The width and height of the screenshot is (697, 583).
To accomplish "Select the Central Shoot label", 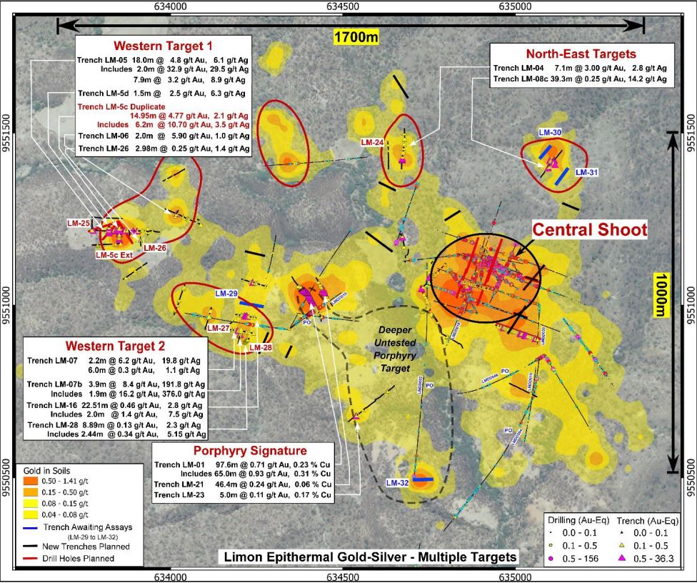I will pyautogui.click(x=590, y=230).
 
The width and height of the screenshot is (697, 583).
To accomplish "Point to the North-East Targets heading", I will pyautogui.click(x=581, y=54).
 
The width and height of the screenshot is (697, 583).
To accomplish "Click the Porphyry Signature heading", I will pyautogui.click(x=250, y=451).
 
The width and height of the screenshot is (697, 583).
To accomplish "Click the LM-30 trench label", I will pyautogui.click(x=550, y=132).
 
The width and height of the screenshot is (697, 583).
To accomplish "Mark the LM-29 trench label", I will pyautogui.click(x=226, y=293).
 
